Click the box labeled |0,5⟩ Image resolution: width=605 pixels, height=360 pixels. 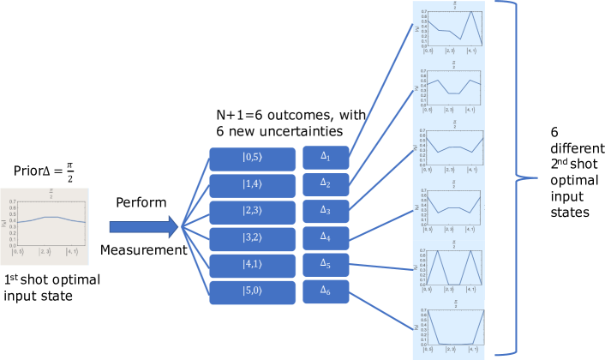253,159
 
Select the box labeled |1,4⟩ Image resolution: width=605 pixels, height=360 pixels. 253,185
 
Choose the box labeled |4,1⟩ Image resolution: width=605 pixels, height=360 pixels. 253,266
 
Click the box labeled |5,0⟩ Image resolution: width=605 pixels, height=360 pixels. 253,292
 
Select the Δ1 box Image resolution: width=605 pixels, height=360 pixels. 326,158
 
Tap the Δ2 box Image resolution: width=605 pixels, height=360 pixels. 326,184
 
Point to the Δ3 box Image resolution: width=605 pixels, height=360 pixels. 326,211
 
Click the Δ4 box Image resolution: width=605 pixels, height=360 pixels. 326,237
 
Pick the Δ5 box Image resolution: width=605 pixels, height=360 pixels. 326,265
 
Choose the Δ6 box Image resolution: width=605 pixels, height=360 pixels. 326,291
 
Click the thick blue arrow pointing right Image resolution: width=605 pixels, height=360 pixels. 141,227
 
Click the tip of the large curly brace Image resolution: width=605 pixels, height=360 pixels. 536,178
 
